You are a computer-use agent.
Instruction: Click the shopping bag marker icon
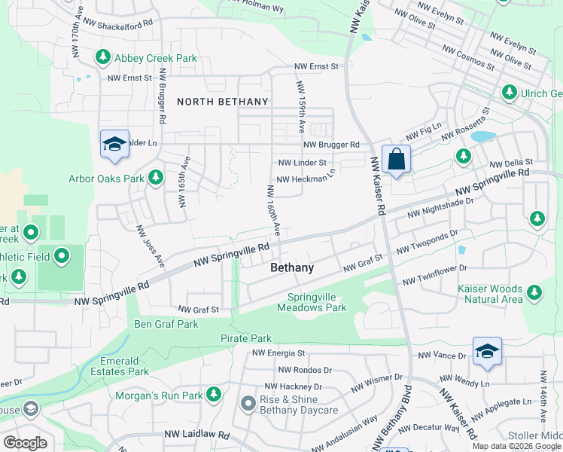pyautogui.click(x=396, y=160)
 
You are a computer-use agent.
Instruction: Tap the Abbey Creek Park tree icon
pyautogui.click(x=102, y=57)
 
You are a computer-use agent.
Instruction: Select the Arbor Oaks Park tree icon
pyautogui.click(x=156, y=178)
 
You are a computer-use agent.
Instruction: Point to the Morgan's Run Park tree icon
pyautogui.click(x=215, y=394)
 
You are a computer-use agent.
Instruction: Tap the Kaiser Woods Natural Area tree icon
pyautogui.click(x=534, y=292)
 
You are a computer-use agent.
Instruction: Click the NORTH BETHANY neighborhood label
pyautogui.click(x=222, y=102)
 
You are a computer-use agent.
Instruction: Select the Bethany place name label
pyautogui.click(x=292, y=268)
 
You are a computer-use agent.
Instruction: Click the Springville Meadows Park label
pyautogui.click(x=312, y=302)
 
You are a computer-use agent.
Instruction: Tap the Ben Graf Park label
pyautogui.click(x=166, y=325)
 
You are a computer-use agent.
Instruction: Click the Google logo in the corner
pyautogui.click(x=25, y=442)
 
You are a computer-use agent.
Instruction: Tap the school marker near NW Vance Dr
pyautogui.click(x=487, y=351)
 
